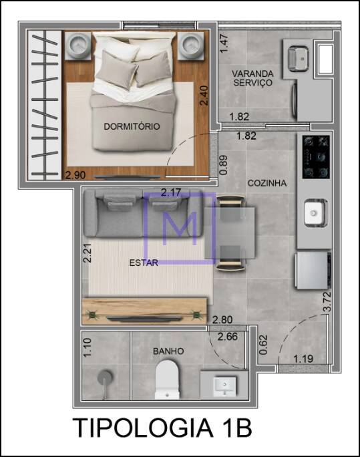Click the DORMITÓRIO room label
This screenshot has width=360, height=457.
click(132, 126)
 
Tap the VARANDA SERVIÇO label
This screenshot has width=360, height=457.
click(252, 78)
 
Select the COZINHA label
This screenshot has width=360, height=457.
click(266, 183)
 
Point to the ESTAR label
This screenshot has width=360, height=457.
click(144, 263)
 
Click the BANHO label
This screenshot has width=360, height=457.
click(168, 351)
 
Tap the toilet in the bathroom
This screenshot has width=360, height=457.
click(167, 379)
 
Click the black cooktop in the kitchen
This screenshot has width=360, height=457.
click(316, 157)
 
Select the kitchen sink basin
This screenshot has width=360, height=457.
click(315, 213)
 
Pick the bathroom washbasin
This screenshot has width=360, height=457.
click(224, 386)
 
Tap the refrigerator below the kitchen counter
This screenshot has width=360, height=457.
click(313, 270)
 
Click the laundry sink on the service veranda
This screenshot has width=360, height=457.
click(298, 59)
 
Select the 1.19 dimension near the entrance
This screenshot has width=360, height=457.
click(303, 359)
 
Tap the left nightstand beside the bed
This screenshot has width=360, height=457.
click(78, 46)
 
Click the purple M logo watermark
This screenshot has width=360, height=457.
click(180, 228)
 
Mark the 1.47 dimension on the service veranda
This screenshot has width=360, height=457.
click(224, 43)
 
